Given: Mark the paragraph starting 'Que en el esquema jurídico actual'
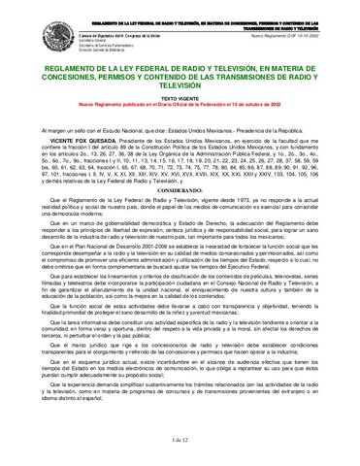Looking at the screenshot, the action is (180, 389).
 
